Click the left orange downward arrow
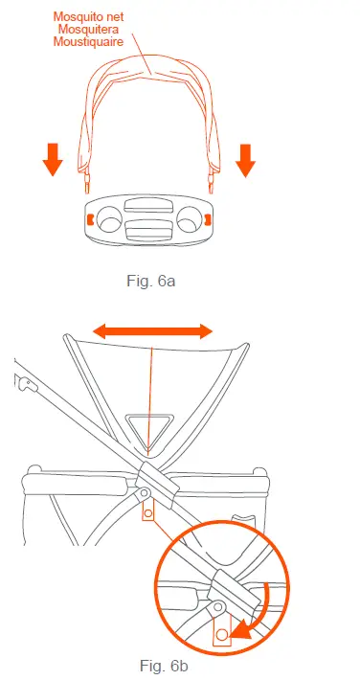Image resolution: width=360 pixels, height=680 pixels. pyautogui.click(x=54, y=160)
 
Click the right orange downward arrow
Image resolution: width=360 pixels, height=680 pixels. pyautogui.click(x=245, y=160)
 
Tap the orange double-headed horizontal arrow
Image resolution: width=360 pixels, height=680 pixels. pyautogui.click(x=152, y=331)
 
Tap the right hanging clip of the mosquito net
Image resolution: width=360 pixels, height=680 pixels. pyautogui.click(x=213, y=177)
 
